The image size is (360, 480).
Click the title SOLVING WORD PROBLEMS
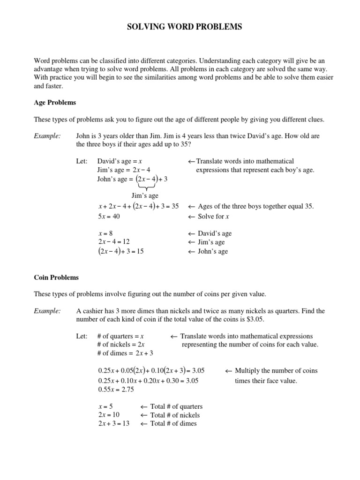tap(185, 28)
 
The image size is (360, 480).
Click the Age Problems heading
tap(55, 102)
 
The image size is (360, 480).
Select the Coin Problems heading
tap(56, 277)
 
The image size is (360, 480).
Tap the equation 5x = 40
tap(109, 216)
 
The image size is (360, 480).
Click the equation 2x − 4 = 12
tap(114, 242)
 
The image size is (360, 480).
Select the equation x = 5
tap(105, 406)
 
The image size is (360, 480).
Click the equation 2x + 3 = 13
tap(114, 424)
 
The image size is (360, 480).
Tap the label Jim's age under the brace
tap(145, 195)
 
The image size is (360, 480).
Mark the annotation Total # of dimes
tap(168, 424)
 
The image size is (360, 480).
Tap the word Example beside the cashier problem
tap(47, 311)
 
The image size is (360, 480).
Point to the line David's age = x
tap(120, 161)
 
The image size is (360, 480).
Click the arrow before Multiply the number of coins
tap(229, 370)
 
